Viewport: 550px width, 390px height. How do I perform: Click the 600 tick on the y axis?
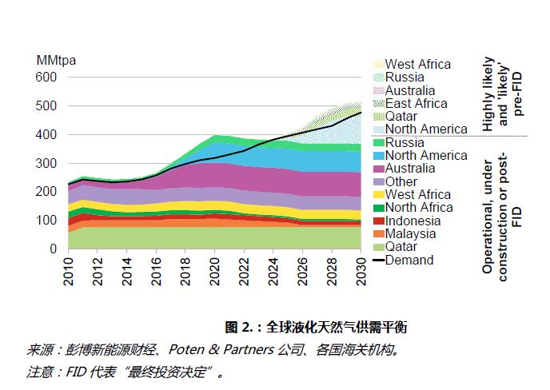pos(47,78)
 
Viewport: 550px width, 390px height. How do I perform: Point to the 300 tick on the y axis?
pos(47,163)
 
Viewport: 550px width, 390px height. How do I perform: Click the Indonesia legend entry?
pos(412,221)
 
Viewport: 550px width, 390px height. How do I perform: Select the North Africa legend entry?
pos(418,208)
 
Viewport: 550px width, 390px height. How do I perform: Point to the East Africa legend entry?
pos(416,103)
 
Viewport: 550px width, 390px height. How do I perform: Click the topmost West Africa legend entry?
pos(418,64)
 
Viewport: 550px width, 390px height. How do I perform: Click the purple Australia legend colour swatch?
pos(377,169)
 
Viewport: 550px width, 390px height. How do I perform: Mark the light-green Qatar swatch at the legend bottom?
pos(377,247)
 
